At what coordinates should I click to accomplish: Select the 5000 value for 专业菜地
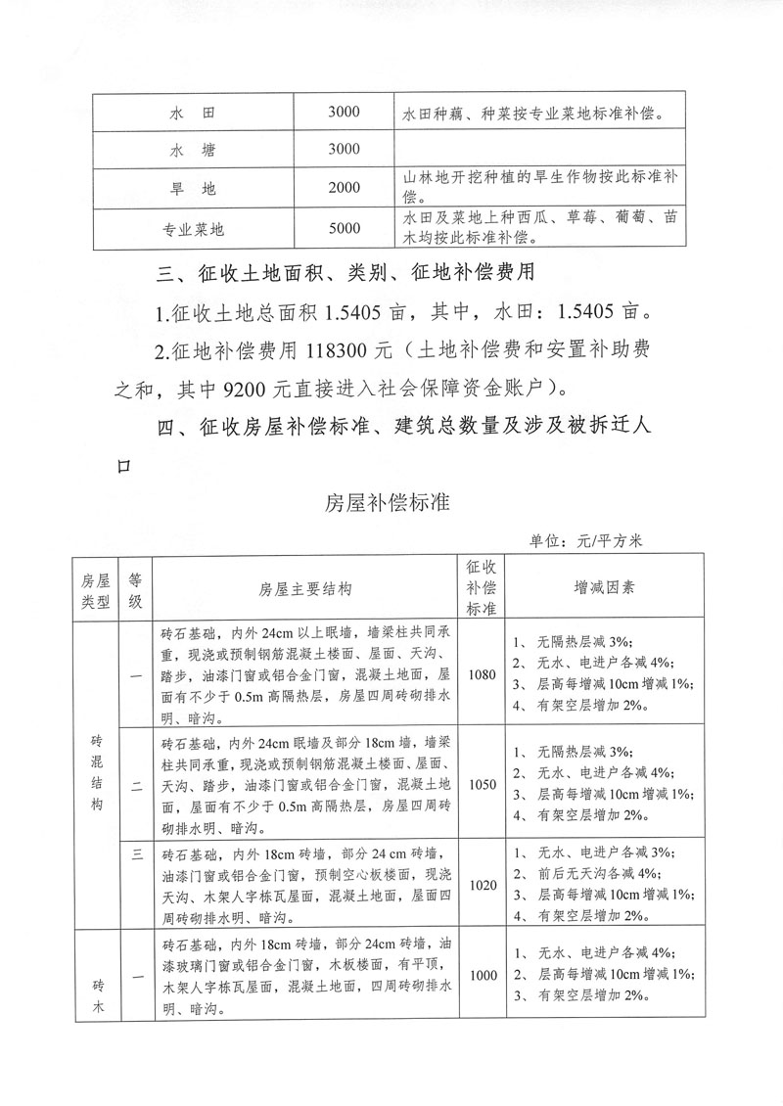coord(345,229)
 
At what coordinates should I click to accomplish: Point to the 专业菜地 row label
coord(193,230)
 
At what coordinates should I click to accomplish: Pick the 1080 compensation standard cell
coord(483,674)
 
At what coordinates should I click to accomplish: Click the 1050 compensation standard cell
coord(483,784)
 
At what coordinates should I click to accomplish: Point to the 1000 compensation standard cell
coord(483,976)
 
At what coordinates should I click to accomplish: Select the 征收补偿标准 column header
coord(483,587)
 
